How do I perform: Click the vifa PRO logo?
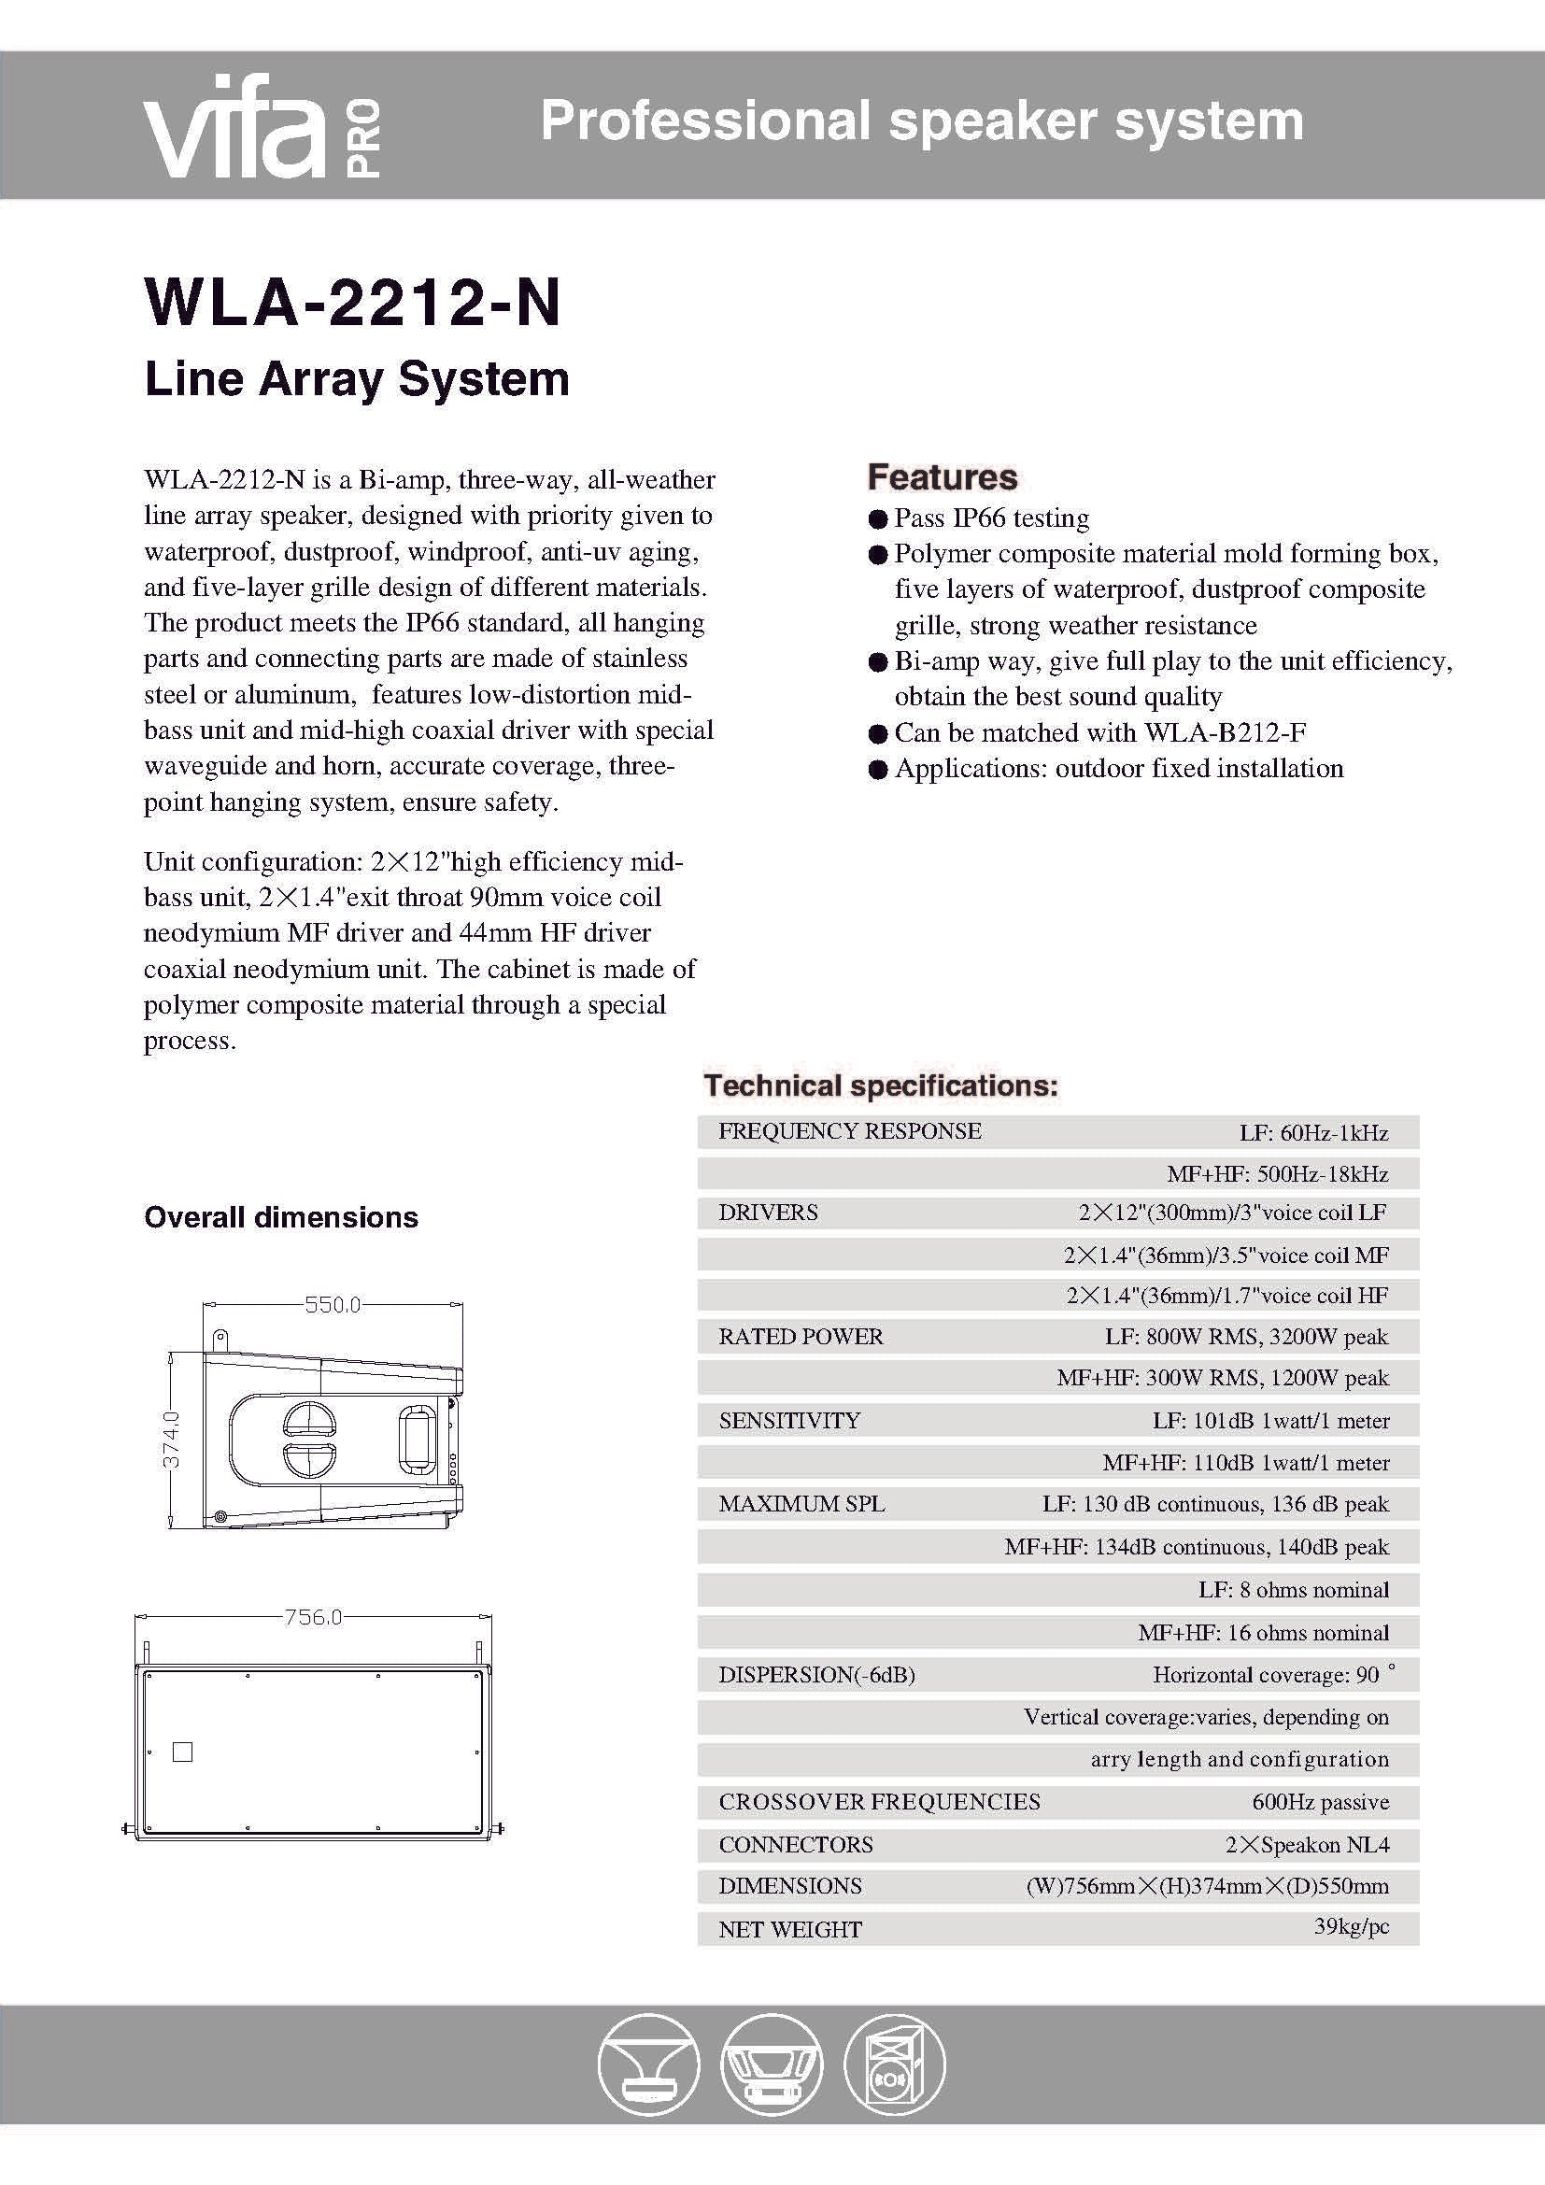point(262,125)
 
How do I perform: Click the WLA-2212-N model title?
point(352,303)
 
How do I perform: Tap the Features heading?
point(942,476)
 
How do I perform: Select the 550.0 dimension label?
point(332,1305)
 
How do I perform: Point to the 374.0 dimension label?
point(171,1439)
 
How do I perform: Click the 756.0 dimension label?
point(313,1617)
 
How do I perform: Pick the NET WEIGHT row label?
point(789,1929)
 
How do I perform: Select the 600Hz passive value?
point(1320,1801)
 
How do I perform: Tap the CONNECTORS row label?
point(795,1844)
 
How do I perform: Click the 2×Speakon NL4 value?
point(1306,1844)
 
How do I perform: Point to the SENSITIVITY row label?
point(788,1421)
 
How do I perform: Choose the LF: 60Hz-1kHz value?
point(1312,1132)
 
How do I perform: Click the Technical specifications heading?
point(880,1085)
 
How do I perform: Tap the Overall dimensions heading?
point(280,1217)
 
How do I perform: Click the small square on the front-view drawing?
point(183,1752)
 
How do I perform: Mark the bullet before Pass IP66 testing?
point(877,519)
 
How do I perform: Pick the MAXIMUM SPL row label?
point(801,1504)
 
